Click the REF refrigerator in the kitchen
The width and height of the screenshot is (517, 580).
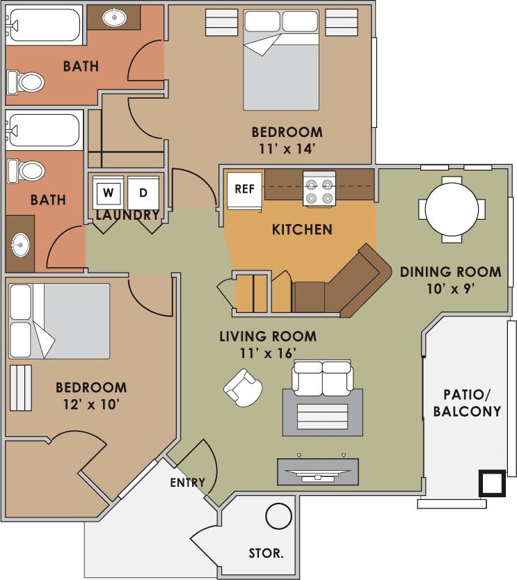tap(244, 188)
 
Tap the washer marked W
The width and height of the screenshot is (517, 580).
tap(108, 191)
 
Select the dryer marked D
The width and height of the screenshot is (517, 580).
tap(143, 191)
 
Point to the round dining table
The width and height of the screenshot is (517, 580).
tap(452, 208)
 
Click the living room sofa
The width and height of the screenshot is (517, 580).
tap(322, 377)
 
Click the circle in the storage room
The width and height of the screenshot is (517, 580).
tap(279, 517)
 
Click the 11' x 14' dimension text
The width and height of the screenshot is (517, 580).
tap(287, 147)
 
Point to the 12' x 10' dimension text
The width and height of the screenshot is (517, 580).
tap(91, 403)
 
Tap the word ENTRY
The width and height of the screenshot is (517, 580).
tap(187, 483)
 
